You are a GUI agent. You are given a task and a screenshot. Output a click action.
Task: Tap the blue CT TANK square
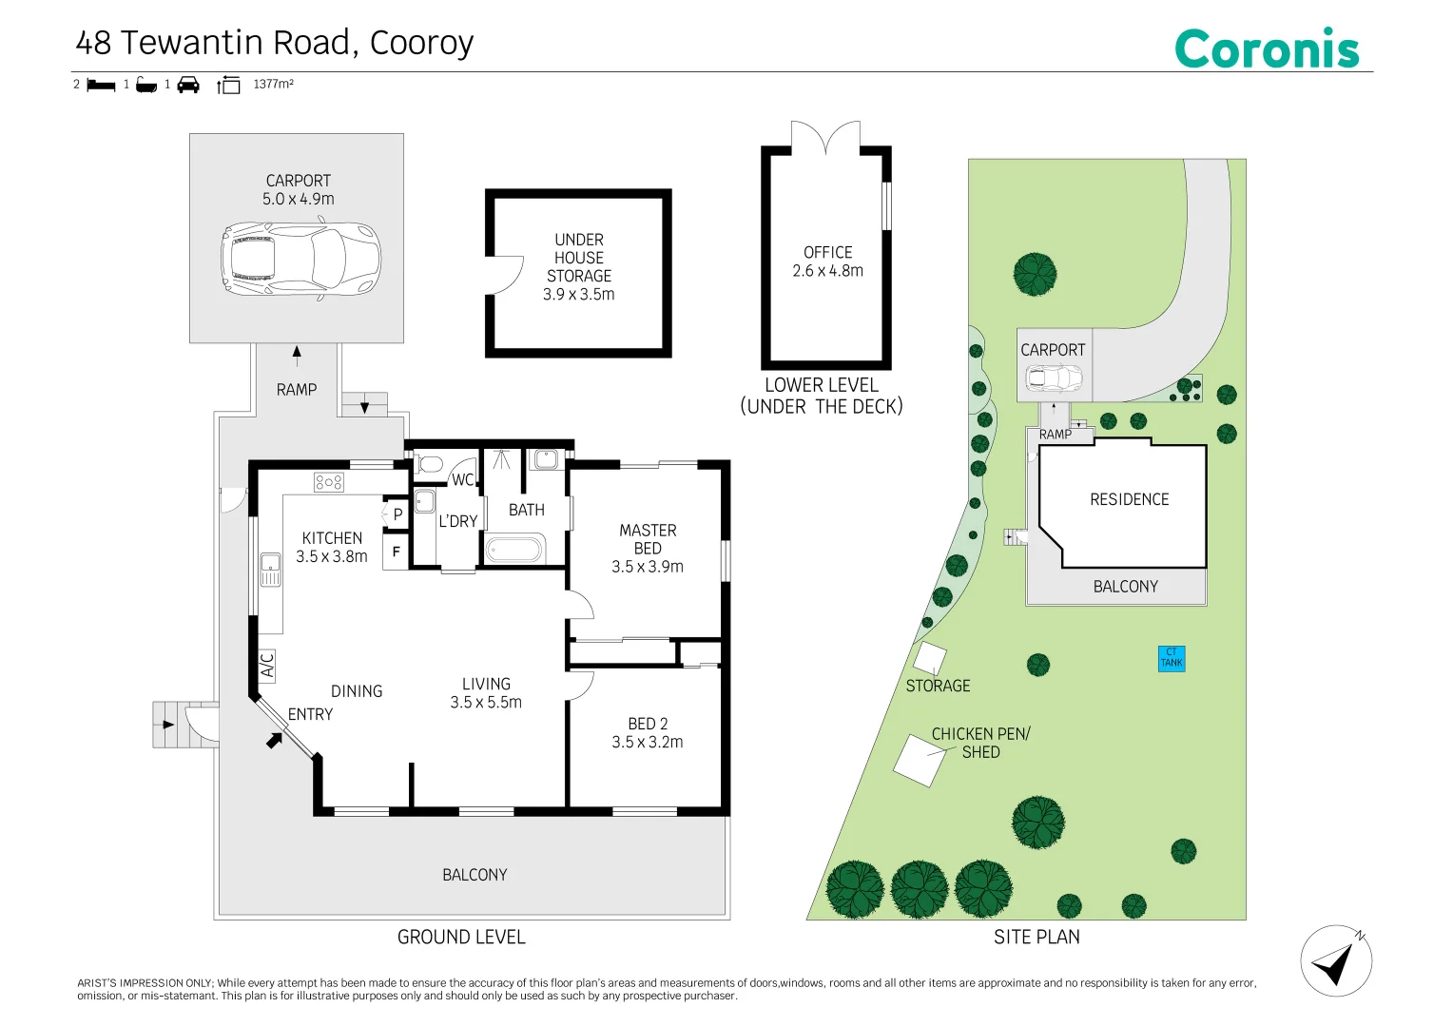coord(1172,658)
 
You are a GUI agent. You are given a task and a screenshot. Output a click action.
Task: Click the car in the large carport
coord(300,261)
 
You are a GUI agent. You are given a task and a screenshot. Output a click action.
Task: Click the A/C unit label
coord(266,666)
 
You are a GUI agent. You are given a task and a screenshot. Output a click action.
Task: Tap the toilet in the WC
coord(428,464)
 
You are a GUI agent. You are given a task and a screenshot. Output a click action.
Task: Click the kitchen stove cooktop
coord(329,481)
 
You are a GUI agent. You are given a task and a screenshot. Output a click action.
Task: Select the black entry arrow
coord(275,739)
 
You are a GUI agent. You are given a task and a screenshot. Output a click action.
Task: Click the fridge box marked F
coord(396,552)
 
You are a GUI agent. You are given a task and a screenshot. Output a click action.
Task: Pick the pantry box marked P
coord(397,513)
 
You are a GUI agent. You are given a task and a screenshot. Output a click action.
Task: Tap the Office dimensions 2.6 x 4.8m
coord(827,270)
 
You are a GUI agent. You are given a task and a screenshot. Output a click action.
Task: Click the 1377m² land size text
coord(273,84)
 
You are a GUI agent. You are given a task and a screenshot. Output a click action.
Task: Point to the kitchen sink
coord(270,570)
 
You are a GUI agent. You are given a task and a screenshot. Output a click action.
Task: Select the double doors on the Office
coord(825,137)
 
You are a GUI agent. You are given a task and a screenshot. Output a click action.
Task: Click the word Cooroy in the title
coord(421,44)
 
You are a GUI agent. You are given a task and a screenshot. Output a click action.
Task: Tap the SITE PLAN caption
coord(1036,937)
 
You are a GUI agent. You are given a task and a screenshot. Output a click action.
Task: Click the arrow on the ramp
coord(297,352)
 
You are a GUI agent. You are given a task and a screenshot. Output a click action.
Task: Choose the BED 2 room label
coord(648,724)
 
